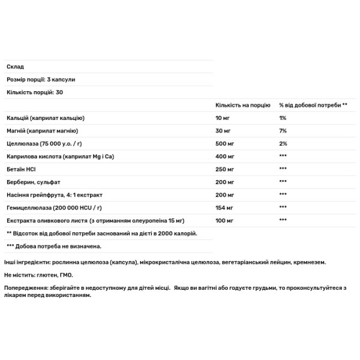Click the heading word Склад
pyautogui.click(x=14, y=66)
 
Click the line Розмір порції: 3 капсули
pyautogui.click(x=40, y=79)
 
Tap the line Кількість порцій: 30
pyautogui.click(x=34, y=92)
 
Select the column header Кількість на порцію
pyautogui.click(x=242, y=105)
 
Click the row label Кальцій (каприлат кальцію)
pyautogui.click(x=46, y=118)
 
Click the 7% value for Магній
pyautogui.click(x=283, y=131)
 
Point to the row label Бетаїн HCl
pyautogui.click(x=22, y=169)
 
